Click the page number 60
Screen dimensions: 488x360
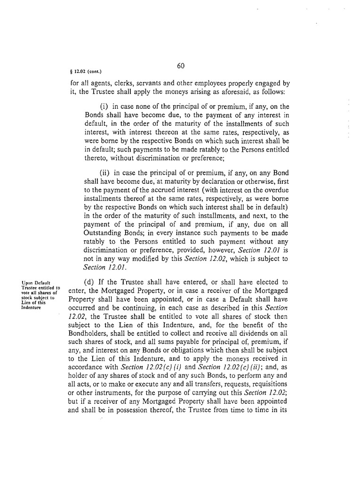pos(180,65)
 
